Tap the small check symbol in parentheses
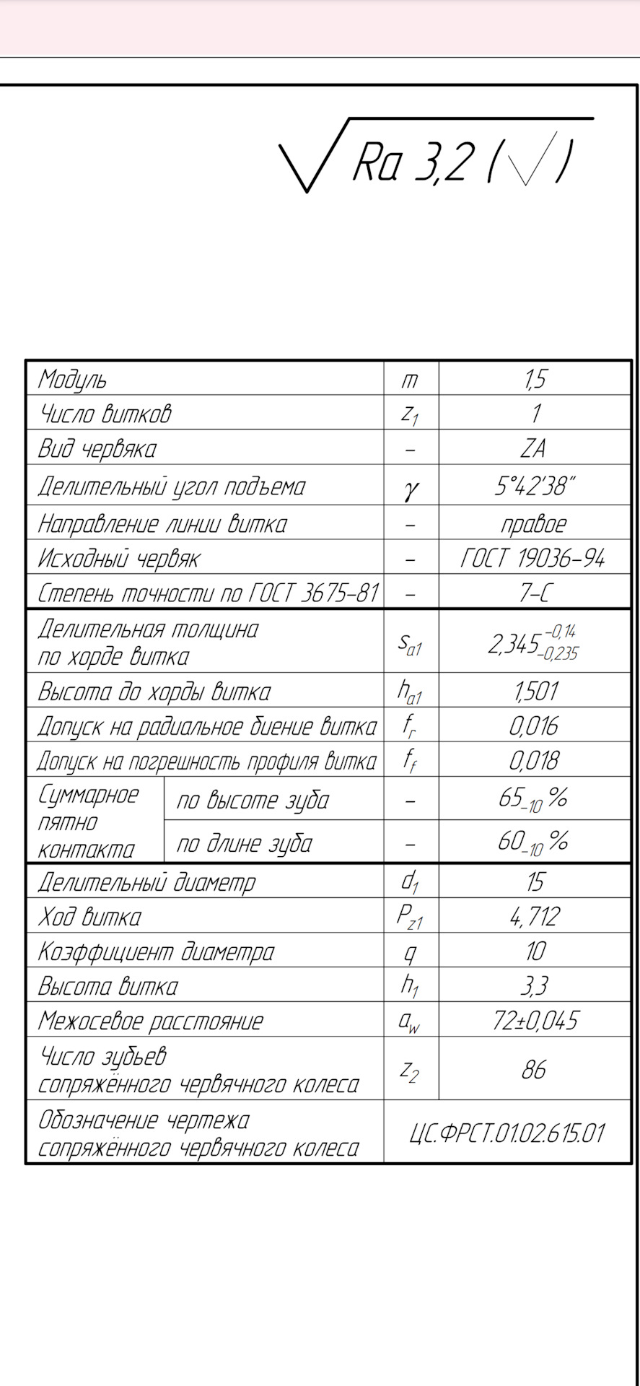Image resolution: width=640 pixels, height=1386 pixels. pyautogui.click(x=532, y=159)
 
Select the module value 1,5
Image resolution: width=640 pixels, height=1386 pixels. pyautogui.click(x=535, y=378)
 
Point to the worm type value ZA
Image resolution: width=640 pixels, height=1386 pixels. pyautogui.click(x=533, y=448)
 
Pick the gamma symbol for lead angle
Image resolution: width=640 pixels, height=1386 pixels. pyautogui.click(x=411, y=489)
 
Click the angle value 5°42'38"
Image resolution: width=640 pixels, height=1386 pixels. pyautogui.click(x=535, y=486)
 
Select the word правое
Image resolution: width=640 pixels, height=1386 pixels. pyautogui.click(x=534, y=523)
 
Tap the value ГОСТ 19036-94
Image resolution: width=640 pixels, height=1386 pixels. pyautogui.click(x=532, y=558)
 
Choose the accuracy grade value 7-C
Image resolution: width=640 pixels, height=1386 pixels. pyautogui.click(x=534, y=593)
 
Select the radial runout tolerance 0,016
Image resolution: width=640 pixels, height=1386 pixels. pyautogui.click(x=534, y=725)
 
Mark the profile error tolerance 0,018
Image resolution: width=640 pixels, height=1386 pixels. pyautogui.click(x=534, y=760)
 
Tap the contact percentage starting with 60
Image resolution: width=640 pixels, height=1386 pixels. pyautogui.click(x=532, y=842)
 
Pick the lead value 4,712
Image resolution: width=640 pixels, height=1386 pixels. pyautogui.click(x=535, y=917)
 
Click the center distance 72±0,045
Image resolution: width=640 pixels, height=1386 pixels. pyautogui.click(x=535, y=1020)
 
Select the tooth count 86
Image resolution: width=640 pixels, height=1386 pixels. pyautogui.click(x=534, y=1069)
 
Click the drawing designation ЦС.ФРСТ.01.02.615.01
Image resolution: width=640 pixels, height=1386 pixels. pyautogui.click(x=507, y=1133)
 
